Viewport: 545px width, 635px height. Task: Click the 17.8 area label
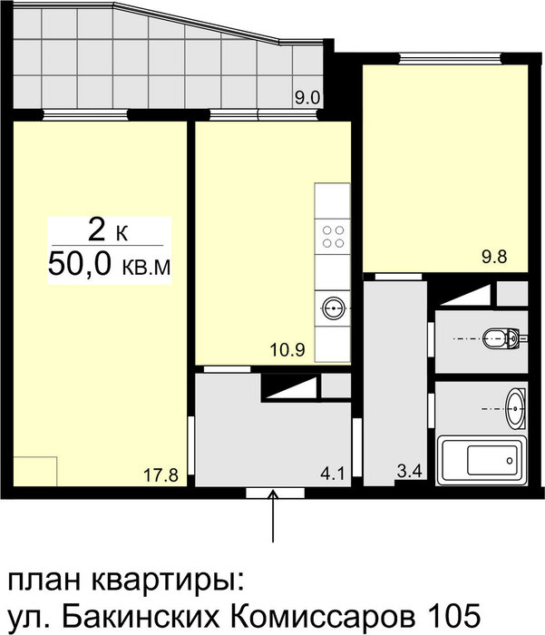[161, 475]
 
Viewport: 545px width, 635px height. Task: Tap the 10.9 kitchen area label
[287, 349]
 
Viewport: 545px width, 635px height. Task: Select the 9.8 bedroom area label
[494, 257]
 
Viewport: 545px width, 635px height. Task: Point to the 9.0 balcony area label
[307, 98]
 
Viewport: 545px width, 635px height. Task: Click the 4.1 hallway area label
[333, 473]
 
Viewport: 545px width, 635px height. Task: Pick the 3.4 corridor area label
[410, 472]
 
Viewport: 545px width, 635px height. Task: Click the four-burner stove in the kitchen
[333, 237]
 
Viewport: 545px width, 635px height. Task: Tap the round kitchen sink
[333, 308]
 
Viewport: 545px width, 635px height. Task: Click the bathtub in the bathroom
[482, 461]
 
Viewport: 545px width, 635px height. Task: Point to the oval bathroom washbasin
[516, 408]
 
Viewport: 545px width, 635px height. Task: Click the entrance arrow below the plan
[273, 515]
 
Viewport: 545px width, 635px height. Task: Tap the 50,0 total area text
[80, 265]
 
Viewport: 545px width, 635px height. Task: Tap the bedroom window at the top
[451, 59]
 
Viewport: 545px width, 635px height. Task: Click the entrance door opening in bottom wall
[275, 493]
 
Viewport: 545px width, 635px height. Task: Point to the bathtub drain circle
[510, 461]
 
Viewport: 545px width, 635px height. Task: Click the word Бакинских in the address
[139, 617]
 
